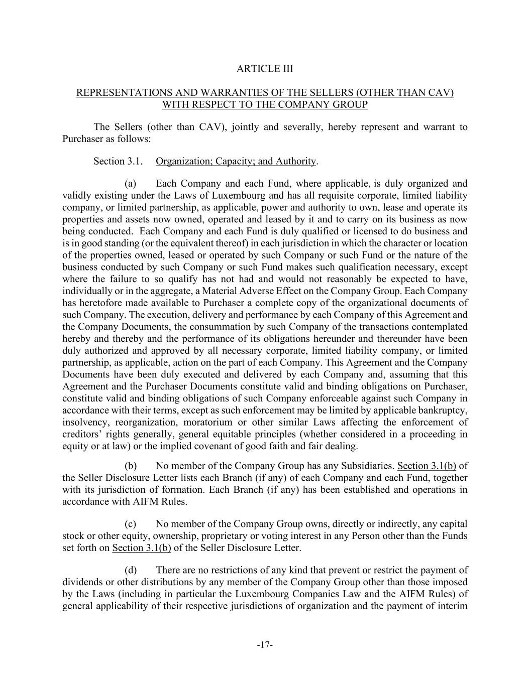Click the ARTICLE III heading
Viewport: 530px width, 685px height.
click(265, 69)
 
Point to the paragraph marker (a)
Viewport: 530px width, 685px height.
click(131, 184)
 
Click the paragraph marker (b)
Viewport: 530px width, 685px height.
click(131, 466)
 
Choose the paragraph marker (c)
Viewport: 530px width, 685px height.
click(131, 524)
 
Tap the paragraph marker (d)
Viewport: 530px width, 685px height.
click(131, 570)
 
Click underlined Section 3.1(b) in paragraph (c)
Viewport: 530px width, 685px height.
click(142, 548)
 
